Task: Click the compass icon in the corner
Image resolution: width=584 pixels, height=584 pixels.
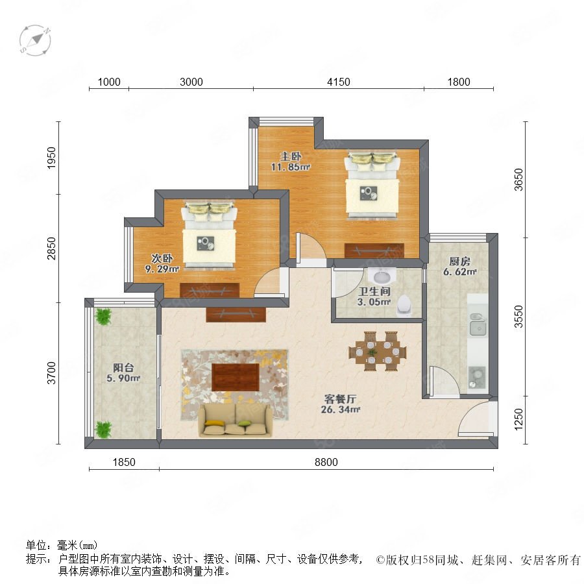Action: pos(35,41)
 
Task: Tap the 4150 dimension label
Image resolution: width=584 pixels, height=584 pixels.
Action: pos(339,82)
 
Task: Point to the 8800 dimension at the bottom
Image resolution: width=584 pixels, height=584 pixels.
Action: pos(326,462)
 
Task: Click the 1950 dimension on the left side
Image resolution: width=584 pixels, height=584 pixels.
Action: pos(51,158)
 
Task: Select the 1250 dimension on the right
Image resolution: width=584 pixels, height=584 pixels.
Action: pos(518,419)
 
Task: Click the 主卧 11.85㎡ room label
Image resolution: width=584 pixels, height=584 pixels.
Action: pos(291,162)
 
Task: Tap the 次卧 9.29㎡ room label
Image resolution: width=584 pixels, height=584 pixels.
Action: pos(162,263)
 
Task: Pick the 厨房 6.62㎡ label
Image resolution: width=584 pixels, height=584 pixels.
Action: pos(459,266)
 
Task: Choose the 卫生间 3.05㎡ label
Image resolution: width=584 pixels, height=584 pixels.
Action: pos(374,297)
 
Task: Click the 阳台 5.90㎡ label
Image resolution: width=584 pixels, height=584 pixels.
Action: pos(123,373)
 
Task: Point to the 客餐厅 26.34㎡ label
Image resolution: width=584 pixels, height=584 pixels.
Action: pos(341,404)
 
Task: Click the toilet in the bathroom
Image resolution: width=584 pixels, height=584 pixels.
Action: pos(404,306)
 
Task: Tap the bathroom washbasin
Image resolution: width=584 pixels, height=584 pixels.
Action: pos(382,276)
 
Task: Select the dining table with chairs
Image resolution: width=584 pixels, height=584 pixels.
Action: pos(377,351)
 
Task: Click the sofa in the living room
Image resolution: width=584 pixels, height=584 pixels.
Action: pos(236,420)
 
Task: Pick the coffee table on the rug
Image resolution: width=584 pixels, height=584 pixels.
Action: pos(236,377)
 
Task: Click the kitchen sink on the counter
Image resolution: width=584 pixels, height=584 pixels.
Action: pos(478,324)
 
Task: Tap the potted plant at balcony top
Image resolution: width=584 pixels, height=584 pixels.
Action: pos(103,317)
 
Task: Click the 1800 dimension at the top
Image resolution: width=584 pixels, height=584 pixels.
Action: pos(459,82)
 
